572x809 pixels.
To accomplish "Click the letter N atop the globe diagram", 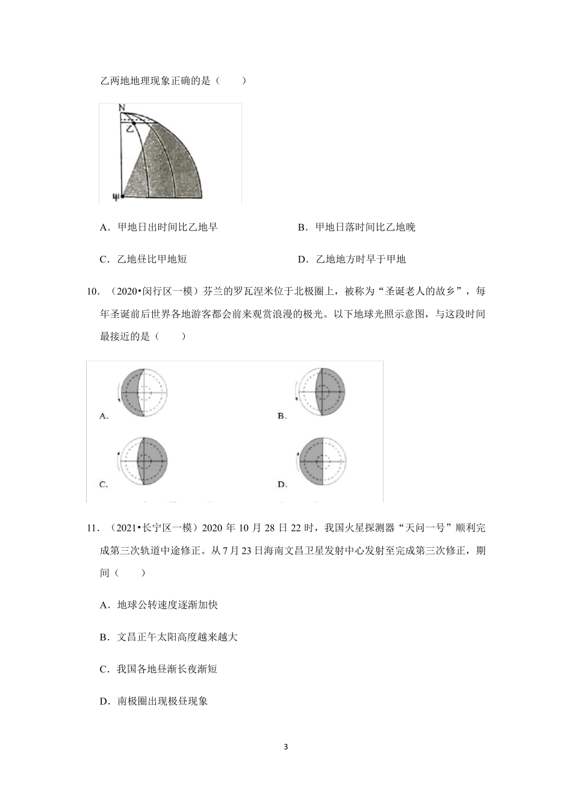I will (122, 108).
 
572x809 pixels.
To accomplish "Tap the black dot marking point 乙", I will (134, 124).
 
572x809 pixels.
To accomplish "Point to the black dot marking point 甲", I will (122, 196).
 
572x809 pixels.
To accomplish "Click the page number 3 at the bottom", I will (285, 747).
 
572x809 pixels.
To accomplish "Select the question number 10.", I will (92, 292).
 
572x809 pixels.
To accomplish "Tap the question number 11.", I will (92, 528).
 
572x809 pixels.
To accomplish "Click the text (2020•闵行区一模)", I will (151, 292).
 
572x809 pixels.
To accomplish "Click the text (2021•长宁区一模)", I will (151, 528).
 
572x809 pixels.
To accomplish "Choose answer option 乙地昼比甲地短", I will (152, 259).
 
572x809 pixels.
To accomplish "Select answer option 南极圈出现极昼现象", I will (162, 701).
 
